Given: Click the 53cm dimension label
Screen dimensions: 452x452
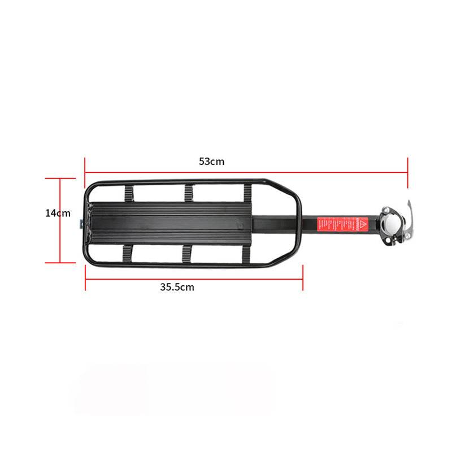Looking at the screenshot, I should (212, 161).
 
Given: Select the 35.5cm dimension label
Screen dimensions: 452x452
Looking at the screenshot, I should (177, 286).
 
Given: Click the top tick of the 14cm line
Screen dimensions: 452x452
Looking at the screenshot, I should (60, 178).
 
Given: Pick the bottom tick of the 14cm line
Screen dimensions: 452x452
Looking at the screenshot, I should (60, 262).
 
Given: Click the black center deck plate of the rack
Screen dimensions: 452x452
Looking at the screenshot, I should (169, 223).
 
